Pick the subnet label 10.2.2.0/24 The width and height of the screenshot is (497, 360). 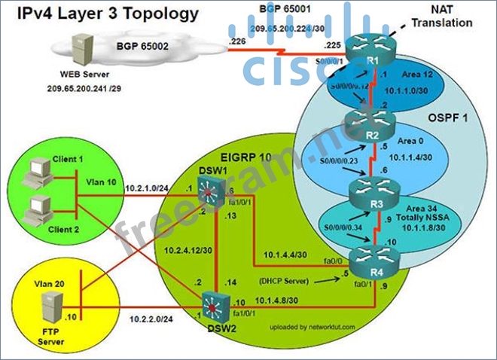(156, 319)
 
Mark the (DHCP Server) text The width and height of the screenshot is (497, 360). (286, 279)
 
